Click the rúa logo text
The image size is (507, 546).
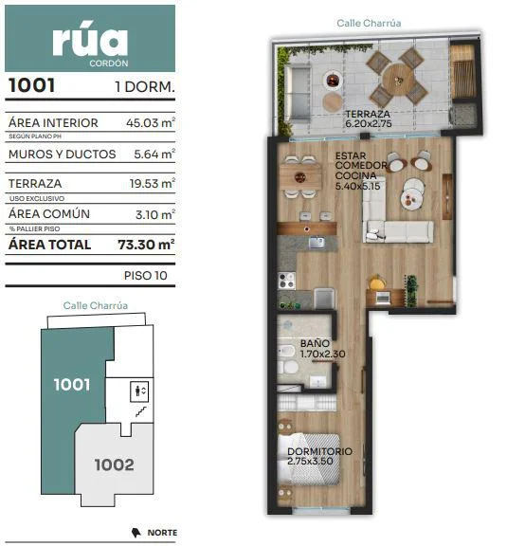pyautogui.click(x=90, y=42)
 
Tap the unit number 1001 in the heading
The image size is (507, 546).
pyautogui.click(x=31, y=85)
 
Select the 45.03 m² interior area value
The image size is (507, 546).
pyautogui.click(x=151, y=122)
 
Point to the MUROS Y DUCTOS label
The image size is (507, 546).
pyautogui.click(x=62, y=155)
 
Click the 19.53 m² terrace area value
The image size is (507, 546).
pyautogui.click(x=153, y=183)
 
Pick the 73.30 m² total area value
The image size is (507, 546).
pyautogui.click(x=146, y=245)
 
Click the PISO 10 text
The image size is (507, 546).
pyautogui.click(x=146, y=276)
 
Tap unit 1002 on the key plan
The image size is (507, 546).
pyautogui.click(x=115, y=464)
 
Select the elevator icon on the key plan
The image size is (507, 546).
pyautogui.click(x=139, y=391)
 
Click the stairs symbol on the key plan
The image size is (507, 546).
pyautogui.click(x=141, y=412)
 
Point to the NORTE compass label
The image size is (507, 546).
pyautogui.click(x=162, y=533)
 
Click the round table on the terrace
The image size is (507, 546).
pyautogui.click(x=397, y=80)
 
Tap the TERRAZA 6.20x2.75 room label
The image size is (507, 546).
pyautogui.click(x=368, y=118)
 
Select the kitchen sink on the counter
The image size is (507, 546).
pyautogui.click(x=317, y=243)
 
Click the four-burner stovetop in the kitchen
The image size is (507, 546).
pyautogui.click(x=286, y=281)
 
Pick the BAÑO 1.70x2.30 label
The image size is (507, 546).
pyautogui.click(x=322, y=349)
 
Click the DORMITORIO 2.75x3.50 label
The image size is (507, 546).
pyautogui.click(x=319, y=456)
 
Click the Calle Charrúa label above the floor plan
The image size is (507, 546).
pyautogui.click(x=369, y=24)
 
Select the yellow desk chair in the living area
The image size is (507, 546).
pyautogui.click(x=377, y=282)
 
